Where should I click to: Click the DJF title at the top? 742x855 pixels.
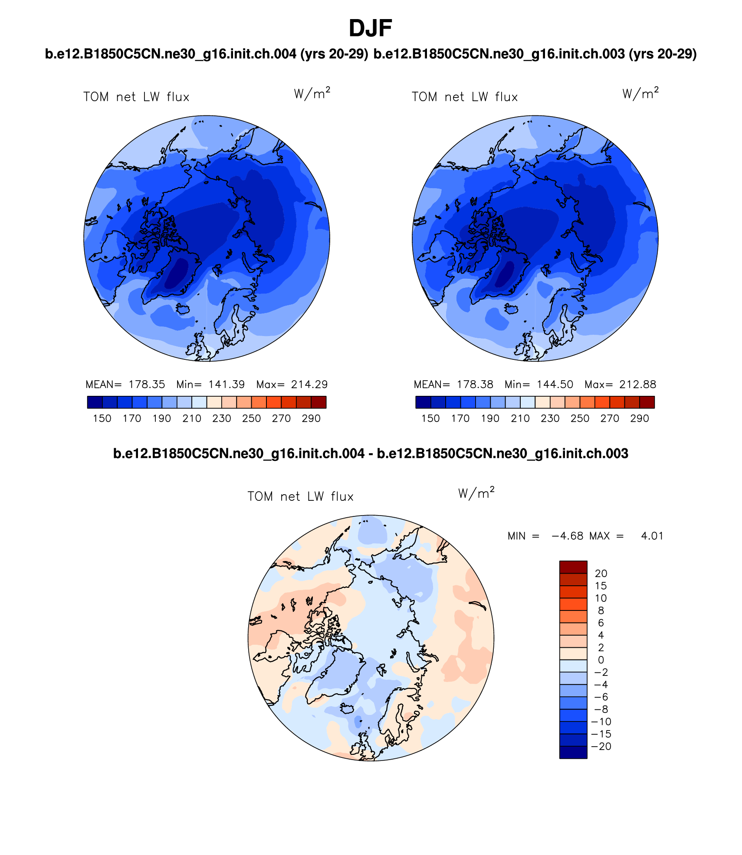tap(370, 29)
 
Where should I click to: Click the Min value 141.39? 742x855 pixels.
tap(227, 385)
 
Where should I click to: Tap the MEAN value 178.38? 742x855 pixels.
tap(475, 385)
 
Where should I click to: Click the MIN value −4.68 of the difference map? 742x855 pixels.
tap(567, 536)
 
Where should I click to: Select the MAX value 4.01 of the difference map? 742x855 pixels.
tap(652, 536)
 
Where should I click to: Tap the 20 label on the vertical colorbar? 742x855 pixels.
tap(601, 574)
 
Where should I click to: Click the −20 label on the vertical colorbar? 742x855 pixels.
tap(601, 747)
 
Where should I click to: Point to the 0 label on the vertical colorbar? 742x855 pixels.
tap(601, 660)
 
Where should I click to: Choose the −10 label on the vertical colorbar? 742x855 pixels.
tap(601, 722)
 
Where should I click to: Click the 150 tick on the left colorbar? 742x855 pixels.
tap(102, 418)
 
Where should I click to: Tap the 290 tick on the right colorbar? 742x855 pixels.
tap(640, 418)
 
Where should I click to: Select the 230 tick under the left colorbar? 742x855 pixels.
tap(221, 418)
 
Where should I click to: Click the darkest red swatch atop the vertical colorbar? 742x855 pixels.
tap(573, 567)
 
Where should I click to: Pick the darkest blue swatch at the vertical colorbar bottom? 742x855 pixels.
tap(573, 752)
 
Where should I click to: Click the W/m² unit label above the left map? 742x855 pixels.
tap(312, 93)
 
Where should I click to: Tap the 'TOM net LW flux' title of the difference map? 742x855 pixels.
tap(300, 496)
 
